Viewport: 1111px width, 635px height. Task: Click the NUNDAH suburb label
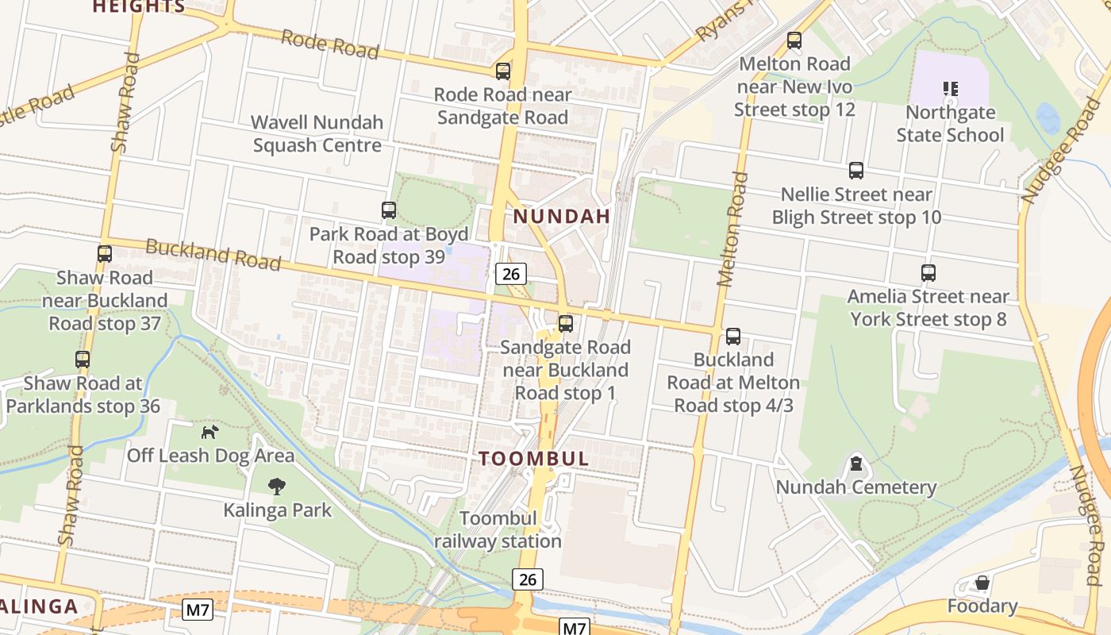(x=562, y=216)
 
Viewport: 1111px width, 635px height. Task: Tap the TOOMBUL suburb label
(x=534, y=459)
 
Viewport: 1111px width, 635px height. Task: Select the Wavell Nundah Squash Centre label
(x=317, y=133)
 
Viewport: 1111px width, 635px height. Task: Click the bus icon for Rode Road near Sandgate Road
(x=502, y=71)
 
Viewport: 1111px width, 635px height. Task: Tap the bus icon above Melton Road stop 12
(x=794, y=40)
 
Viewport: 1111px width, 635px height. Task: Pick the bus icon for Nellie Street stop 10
(x=856, y=171)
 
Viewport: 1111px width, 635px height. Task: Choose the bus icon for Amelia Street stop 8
(x=928, y=273)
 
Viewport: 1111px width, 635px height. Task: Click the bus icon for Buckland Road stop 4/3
(x=733, y=336)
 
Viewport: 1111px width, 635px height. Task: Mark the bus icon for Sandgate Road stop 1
(x=566, y=324)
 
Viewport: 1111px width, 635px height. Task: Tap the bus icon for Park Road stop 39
(x=389, y=210)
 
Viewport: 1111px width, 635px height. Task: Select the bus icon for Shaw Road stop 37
(x=105, y=254)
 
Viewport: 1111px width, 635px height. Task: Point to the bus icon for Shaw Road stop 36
(x=83, y=360)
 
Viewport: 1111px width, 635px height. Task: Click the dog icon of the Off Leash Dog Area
(x=210, y=432)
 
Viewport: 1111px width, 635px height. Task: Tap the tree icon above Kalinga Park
(x=277, y=486)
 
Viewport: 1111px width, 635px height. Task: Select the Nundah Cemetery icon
(x=856, y=464)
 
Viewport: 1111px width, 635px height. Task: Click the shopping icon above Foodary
(x=982, y=583)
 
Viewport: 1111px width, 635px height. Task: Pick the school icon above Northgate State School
(x=950, y=88)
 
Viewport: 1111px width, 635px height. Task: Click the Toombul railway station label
(x=498, y=530)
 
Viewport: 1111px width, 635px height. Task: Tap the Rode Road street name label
(x=330, y=44)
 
